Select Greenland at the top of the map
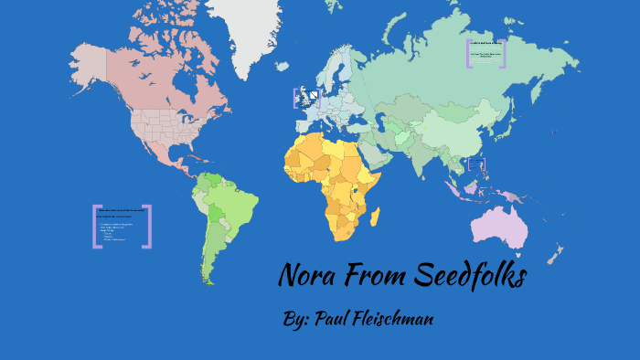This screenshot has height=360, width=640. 242,27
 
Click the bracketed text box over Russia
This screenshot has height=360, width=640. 485,53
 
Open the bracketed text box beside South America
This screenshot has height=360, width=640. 123,226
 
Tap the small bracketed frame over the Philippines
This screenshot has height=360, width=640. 476,165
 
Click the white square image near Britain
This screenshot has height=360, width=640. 314,95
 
